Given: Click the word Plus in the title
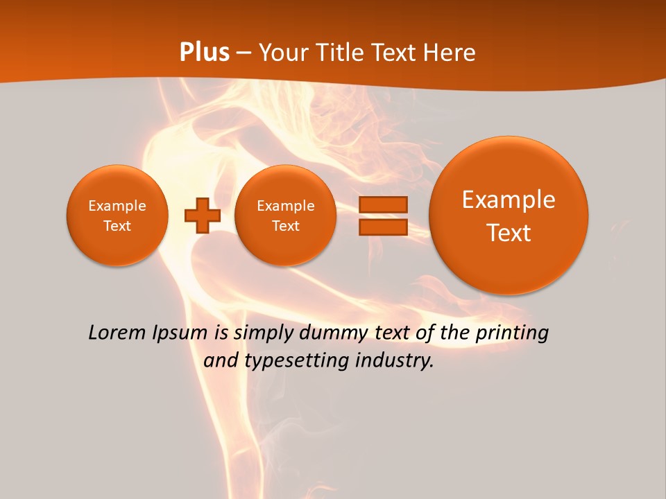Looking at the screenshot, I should (x=204, y=53).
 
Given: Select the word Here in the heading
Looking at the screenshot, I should (x=449, y=53).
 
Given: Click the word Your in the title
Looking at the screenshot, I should (x=283, y=53).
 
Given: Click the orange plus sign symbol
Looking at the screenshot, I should (x=202, y=215).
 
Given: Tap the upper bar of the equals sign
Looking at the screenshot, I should (x=382, y=204).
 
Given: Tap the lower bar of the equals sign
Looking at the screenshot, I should (x=382, y=227).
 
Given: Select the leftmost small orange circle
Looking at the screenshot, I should (x=117, y=215).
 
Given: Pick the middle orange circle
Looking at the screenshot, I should (x=285, y=216).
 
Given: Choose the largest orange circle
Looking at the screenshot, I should (x=509, y=216).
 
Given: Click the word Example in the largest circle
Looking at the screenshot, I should (x=509, y=200).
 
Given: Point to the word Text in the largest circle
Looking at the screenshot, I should (x=509, y=233).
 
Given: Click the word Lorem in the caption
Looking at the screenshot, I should (x=118, y=333).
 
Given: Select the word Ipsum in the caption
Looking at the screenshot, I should (x=181, y=333).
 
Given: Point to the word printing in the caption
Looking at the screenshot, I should (x=512, y=333).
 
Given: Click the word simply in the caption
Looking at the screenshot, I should (x=264, y=333).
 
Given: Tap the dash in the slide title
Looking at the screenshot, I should (x=244, y=53).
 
